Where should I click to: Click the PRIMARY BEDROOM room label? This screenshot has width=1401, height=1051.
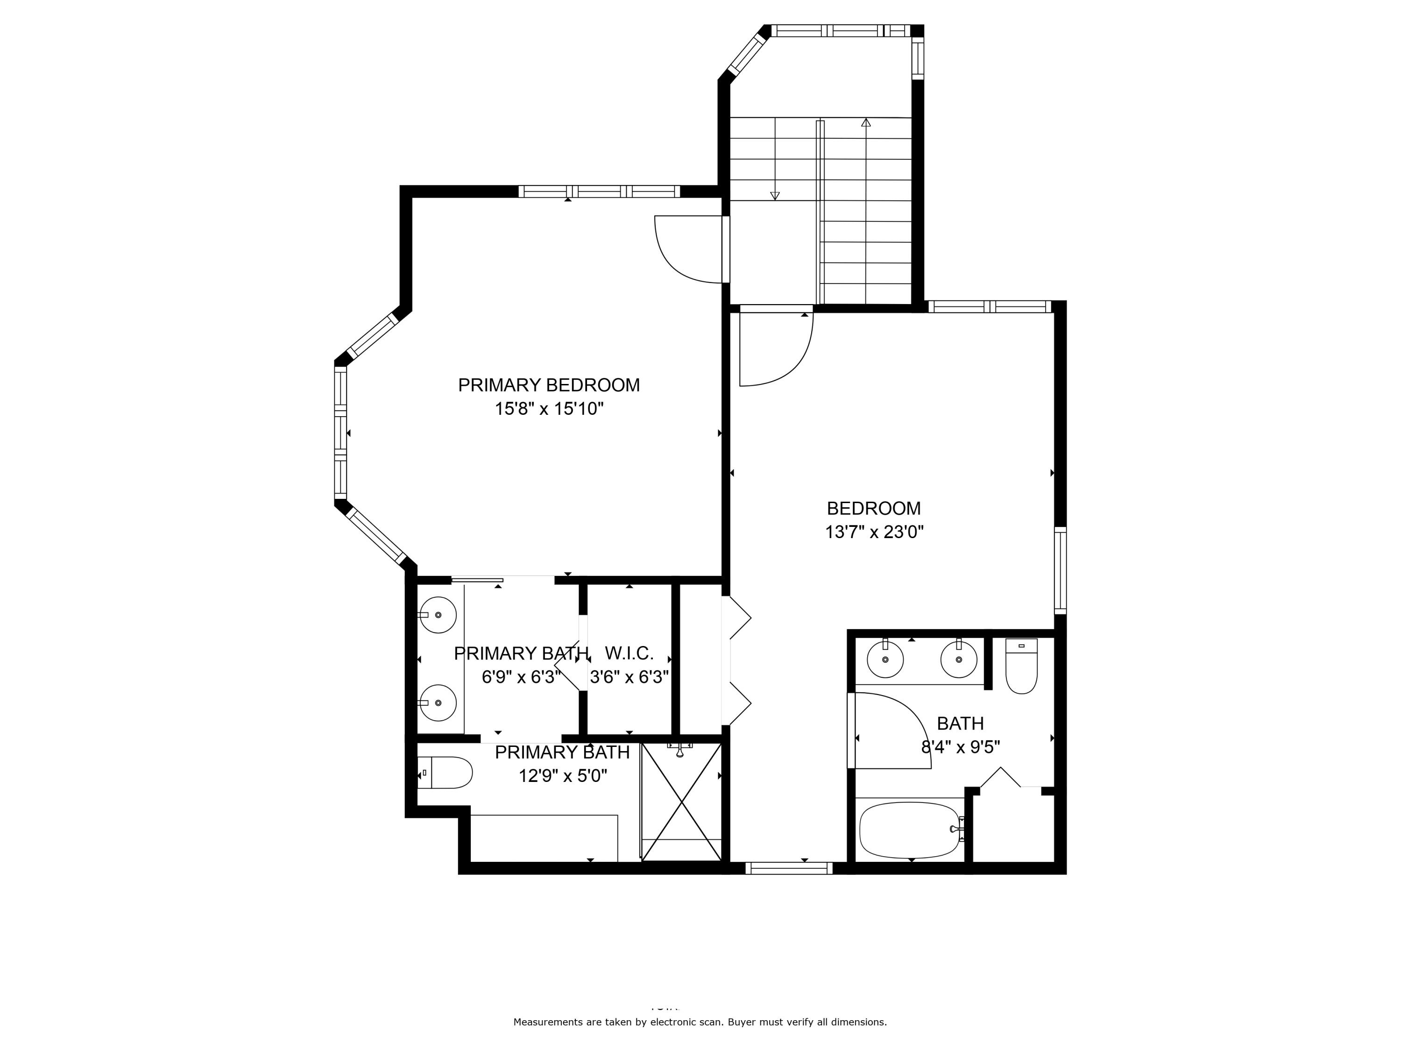(x=549, y=385)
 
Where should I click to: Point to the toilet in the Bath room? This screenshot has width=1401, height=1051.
(x=1021, y=667)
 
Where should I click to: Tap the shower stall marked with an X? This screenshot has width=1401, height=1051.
(x=681, y=802)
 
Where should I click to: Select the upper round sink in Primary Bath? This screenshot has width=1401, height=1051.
(x=438, y=615)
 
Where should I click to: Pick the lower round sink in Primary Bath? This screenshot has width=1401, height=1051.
(x=438, y=703)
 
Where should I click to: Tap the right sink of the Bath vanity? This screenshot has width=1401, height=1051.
(x=958, y=660)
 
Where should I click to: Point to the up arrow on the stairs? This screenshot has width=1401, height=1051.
(x=866, y=123)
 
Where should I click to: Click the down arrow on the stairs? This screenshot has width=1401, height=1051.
(x=775, y=195)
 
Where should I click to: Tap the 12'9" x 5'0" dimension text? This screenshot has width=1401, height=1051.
(x=562, y=776)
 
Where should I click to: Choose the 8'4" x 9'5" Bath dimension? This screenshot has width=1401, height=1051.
(x=960, y=747)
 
